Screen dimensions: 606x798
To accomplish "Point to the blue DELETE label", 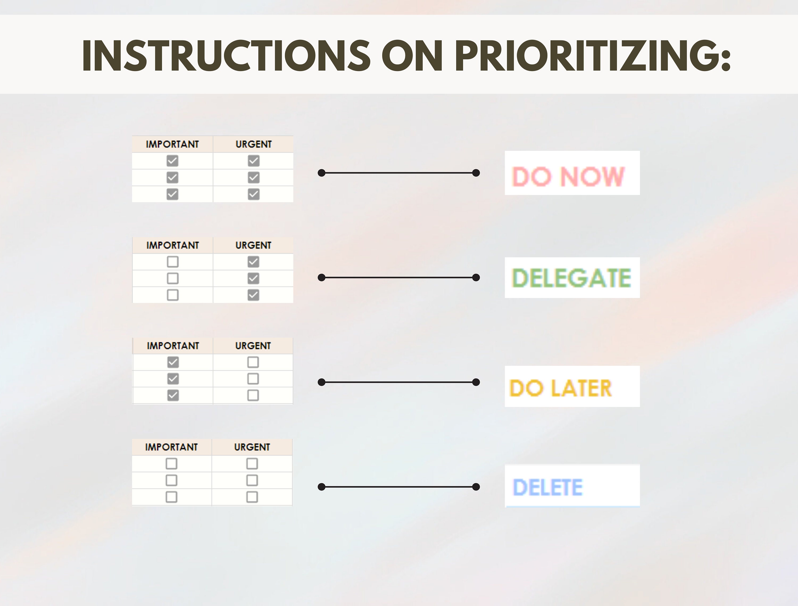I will click(548, 487).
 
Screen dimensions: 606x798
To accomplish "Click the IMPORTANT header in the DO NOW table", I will click(172, 144).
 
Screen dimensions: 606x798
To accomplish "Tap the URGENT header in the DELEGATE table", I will click(253, 245).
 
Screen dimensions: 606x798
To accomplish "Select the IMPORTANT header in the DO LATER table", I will click(173, 346).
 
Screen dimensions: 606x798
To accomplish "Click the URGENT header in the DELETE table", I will click(252, 447).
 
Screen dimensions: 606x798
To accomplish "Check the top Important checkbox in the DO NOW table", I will click(172, 161).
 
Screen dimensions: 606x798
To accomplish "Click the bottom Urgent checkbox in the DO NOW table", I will click(253, 194).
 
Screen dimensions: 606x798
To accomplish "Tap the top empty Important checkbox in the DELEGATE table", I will click(173, 262).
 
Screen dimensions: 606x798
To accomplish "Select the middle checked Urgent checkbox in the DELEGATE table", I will click(253, 279).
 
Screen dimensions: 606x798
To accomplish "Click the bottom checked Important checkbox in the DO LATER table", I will click(173, 395).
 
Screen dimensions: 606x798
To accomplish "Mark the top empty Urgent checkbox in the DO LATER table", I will click(253, 362).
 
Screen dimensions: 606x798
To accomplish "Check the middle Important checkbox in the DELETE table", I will click(171, 480).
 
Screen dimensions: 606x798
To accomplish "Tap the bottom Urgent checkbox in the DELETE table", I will click(252, 497).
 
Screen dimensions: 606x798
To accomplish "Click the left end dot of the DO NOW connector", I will click(321, 173).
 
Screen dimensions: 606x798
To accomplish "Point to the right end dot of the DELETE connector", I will click(476, 487).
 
